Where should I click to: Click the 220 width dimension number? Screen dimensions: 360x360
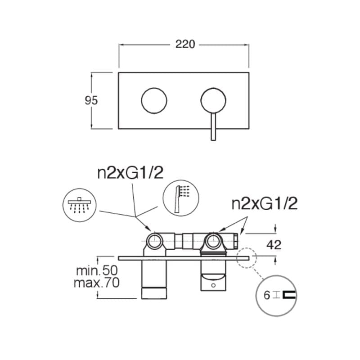point(185,44)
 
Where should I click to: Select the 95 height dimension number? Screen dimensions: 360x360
point(91,100)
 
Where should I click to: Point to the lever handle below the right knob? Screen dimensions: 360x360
point(213,127)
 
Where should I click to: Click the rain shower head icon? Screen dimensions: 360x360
point(80,205)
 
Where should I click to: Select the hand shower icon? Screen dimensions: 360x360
point(181,198)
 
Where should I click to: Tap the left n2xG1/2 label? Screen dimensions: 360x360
point(130,173)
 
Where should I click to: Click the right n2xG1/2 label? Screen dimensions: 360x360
point(265,203)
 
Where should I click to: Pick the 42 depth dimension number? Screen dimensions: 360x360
point(274,245)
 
